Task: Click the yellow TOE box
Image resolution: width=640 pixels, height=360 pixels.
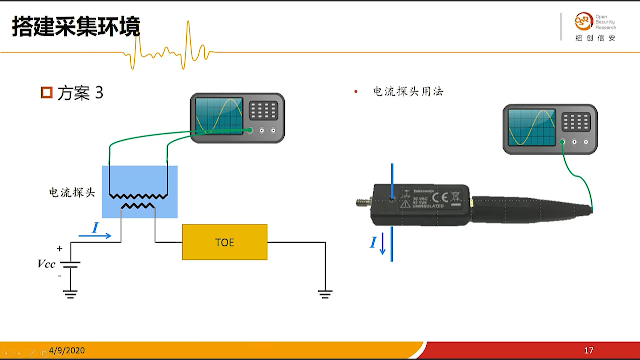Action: [x=224, y=242]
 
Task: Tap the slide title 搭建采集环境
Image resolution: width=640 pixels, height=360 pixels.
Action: [x=76, y=27]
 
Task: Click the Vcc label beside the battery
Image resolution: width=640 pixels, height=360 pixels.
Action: [x=46, y=264]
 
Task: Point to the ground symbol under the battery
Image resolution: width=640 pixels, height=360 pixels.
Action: [x=70, y=294]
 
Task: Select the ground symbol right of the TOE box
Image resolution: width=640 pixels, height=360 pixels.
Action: [x=325, y=294]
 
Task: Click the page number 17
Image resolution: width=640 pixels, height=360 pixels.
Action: [x=588, y=350]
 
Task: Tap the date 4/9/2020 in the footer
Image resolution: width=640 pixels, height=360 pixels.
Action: [x=67, y=350]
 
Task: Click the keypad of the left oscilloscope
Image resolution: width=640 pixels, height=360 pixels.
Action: [x=263, y=111]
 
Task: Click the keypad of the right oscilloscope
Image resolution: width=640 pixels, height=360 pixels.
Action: [x=576, y=122]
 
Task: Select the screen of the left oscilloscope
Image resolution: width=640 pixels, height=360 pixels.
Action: [x=219, y=116]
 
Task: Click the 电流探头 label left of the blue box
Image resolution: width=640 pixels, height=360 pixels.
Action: [x=72, y=192]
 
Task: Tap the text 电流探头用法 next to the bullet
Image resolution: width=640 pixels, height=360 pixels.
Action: [x=408, y=91]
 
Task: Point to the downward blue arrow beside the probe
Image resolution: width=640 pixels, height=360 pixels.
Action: [x=383, y=244]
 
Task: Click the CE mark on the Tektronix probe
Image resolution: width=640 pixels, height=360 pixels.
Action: [x=440, y=198]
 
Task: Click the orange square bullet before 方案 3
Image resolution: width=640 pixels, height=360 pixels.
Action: [x=47, y=93]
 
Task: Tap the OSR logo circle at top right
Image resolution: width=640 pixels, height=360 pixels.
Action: [x=583, y=22]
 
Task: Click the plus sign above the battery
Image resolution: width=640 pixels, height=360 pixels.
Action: [x=60, y=248]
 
